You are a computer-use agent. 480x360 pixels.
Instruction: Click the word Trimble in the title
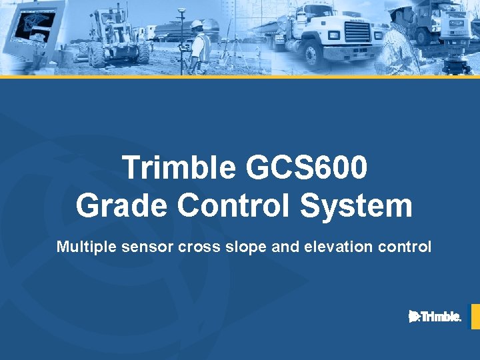(x=179, y=168)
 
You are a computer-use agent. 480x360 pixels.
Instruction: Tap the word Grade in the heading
(x=122, y=205)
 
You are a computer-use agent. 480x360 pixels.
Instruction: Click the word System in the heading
(x=356, y=205)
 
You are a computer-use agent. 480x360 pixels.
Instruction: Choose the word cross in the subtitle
(x=197, y=247)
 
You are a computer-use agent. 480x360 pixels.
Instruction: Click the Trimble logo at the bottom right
(x=435, y=317)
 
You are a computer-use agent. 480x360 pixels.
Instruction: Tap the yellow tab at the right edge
(x=475, y=317)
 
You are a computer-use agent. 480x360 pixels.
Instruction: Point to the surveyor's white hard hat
(x=197, y=25)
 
